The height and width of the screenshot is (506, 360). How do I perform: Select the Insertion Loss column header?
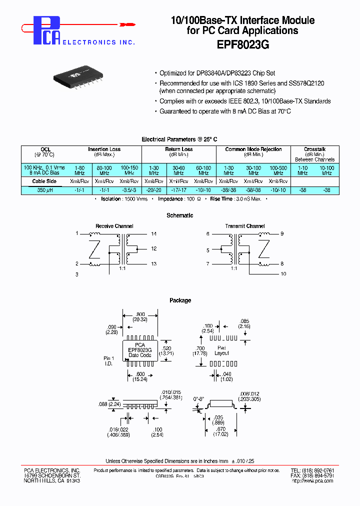coord(104,149)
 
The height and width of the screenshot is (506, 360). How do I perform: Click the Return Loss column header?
coord(179,149)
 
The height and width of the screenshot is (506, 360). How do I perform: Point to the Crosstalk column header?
coord(314,149)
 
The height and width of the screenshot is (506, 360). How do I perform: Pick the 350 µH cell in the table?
coord(44,190)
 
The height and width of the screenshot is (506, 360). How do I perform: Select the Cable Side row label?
coord(44,181)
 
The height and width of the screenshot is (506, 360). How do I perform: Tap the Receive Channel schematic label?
coord(114,226)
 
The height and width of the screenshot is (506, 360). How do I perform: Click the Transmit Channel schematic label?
coord(245,226)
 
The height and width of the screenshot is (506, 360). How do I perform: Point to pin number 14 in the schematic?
coord(153,233)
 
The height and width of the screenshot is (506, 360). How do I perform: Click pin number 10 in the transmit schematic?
coord(283,274)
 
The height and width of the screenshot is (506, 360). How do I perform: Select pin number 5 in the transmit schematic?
coord(207,250)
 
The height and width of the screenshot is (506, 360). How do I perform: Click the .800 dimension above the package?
coord(139,314)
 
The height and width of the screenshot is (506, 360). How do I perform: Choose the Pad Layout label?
coord(222,350)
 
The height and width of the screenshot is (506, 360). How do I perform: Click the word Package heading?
coord(180,300)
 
